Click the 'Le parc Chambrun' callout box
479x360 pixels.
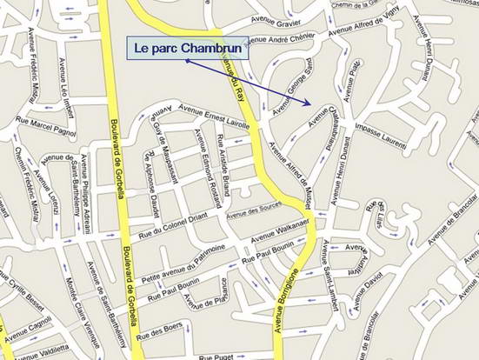click(x=188, y=49)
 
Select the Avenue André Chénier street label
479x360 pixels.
click(x=280, y=40)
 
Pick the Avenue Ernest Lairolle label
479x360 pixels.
click(x=214, y=110)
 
